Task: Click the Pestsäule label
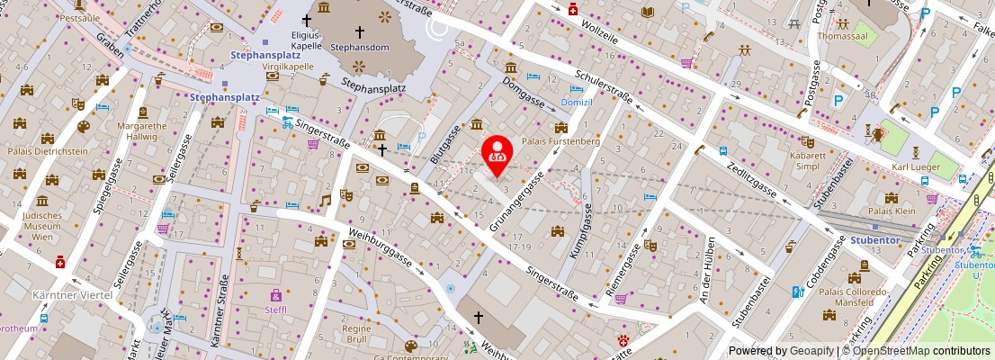tap(79, 17)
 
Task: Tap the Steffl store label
tap(275, 310)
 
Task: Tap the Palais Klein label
tap(892, 211)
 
